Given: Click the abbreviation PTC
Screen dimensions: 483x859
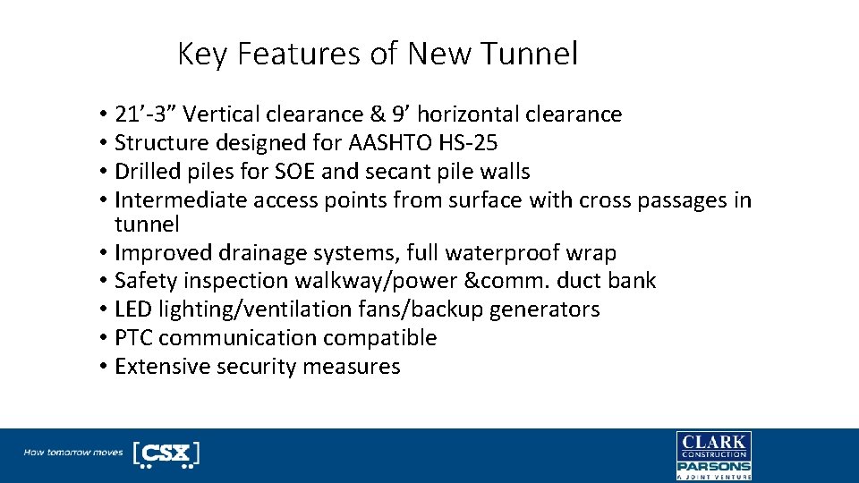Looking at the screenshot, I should pyautogui.click(x=133, y=338).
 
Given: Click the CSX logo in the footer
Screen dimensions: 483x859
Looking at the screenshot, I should pyautogui.click(x=166, y=453).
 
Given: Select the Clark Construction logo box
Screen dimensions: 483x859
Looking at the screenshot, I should pyautogui.click(x=713, y=445).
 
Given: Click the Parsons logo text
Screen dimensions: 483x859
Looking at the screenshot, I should pyautogui.click(x=713, y=466).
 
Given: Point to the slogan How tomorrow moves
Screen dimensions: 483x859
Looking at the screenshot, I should pyautogui.click(x=73, y=453).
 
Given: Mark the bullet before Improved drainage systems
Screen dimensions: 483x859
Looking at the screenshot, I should pyautogui.click(x=105, y=253).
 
